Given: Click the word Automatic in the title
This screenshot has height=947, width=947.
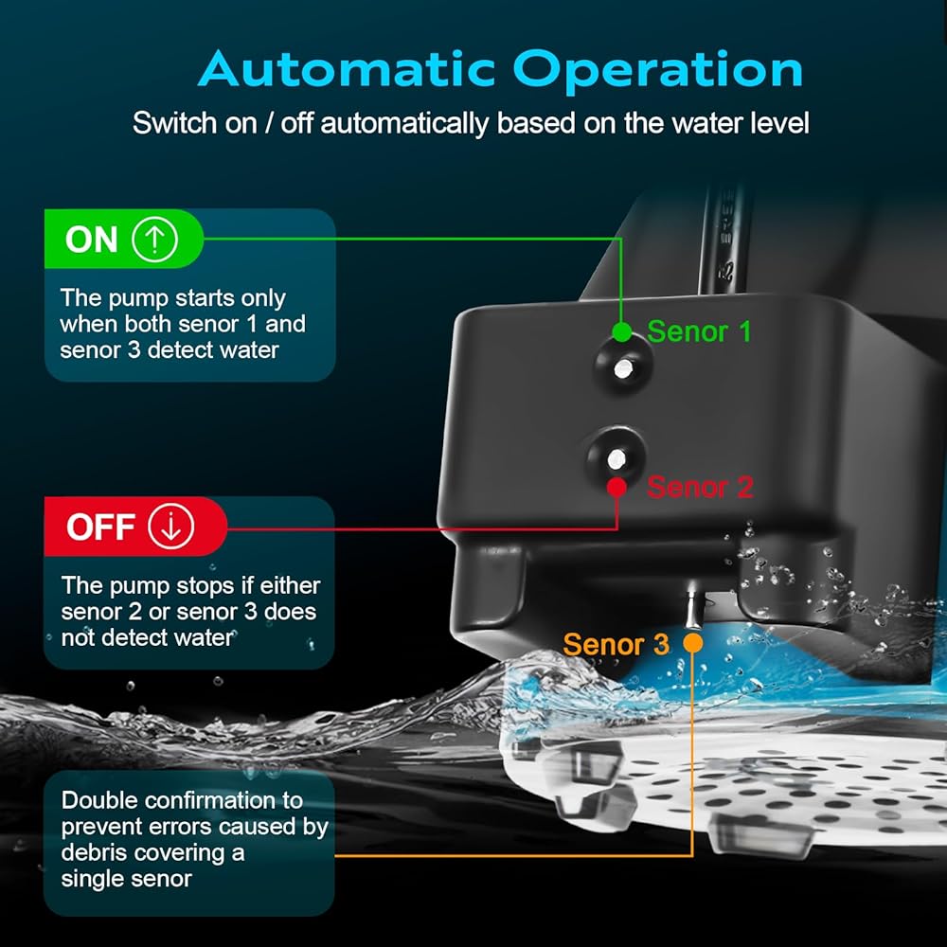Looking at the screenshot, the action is point(347,69).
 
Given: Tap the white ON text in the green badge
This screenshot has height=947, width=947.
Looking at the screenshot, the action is point(91,240).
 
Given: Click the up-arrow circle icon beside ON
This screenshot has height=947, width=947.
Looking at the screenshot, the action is point(154,240).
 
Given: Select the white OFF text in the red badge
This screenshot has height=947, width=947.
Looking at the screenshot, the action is point(100,527).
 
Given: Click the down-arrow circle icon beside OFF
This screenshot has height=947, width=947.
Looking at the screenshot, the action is point(171,527).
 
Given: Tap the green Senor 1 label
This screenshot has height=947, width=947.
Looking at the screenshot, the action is point(699,331).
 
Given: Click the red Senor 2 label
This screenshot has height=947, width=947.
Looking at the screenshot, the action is point(700,488).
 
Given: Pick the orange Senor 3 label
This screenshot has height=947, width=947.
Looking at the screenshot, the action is point(616,644).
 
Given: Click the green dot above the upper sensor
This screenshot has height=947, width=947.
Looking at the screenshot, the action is point(621,331).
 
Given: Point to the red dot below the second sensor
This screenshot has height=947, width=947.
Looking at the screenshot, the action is point(616,487).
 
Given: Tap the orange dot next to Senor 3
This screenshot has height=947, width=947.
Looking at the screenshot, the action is point(693,642).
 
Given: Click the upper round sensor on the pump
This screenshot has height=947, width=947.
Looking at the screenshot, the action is point(623,367).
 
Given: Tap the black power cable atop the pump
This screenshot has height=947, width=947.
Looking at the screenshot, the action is point(723,241).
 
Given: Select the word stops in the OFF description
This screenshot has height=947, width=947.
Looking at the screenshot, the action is point(205,586).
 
